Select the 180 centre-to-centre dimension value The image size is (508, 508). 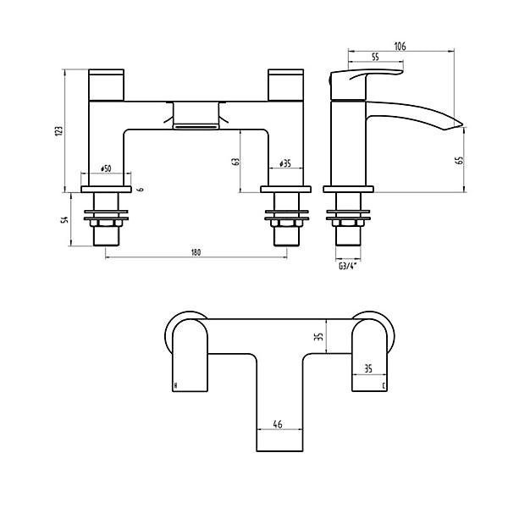pos(196,252)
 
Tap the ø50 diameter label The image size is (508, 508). pos(107,168)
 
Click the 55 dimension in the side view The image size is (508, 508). pos(373,57)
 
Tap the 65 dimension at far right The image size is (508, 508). pos(460,160)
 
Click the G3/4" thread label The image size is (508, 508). pos(348,268)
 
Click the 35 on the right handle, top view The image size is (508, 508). pos(367,369)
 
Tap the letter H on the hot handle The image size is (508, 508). pos(175,385)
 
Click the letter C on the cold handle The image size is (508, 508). pos(384,385)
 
